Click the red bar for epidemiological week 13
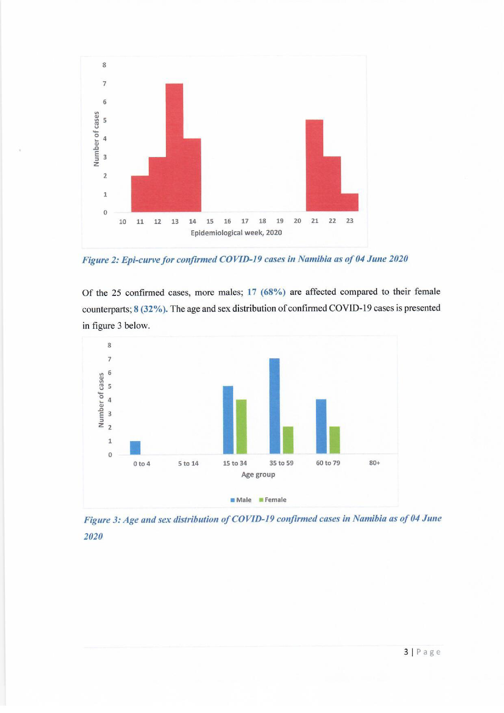click(x=174, y=148)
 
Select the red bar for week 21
click(x=314, y=166)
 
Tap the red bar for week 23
click(x=349, y=202)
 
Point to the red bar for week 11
click(x=140, y=193)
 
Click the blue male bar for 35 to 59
click(x=274, y=406)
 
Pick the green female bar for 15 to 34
click(x=241, y=426)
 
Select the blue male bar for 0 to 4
click(x=135, y=448)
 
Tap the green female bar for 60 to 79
click(x=335, y=440)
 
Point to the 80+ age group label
click(x=375, y=463)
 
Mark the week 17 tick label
click(x=245, y=221)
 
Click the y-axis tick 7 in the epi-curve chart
click(x=105, y=83)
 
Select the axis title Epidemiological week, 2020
click(x=236, y=233)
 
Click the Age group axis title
click(x=258, y=474)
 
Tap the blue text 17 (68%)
click(x=266, y=292)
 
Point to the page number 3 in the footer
click(x=406, y=652)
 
